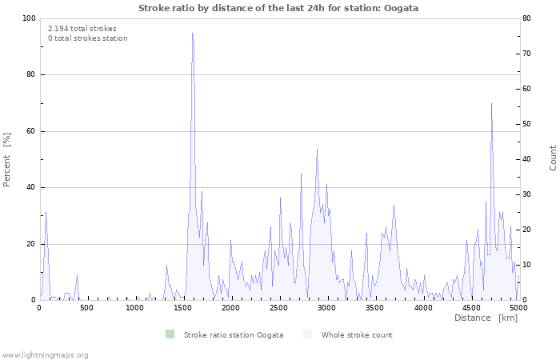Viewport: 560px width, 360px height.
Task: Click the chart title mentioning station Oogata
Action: point(278,8)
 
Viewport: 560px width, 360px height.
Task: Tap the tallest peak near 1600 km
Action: point(192,34)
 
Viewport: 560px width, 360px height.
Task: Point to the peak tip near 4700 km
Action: point(491,103)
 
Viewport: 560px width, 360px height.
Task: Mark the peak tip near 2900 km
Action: point(317,150)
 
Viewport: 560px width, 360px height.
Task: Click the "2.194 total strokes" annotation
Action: point(82,29)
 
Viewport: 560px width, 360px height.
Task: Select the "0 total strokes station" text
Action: point(88,38)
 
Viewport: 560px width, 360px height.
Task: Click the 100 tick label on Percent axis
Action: point(29,18)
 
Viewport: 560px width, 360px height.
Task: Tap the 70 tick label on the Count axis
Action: point(526,54)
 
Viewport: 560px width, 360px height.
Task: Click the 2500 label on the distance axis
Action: point(278,308)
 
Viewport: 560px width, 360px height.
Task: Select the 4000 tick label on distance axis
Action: point(423,308)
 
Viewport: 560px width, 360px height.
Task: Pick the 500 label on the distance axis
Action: point(86,308)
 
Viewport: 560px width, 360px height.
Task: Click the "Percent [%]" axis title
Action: point(6,160)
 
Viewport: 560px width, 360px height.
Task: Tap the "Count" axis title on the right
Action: point(553,158)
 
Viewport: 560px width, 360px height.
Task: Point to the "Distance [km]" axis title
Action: point(486,318)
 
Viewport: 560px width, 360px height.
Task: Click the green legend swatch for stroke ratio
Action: point(170,334)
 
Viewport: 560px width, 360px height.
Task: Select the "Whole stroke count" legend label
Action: point(357,335)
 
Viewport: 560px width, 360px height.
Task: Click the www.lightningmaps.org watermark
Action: point(45,355)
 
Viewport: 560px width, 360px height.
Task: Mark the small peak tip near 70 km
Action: point(46,212)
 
